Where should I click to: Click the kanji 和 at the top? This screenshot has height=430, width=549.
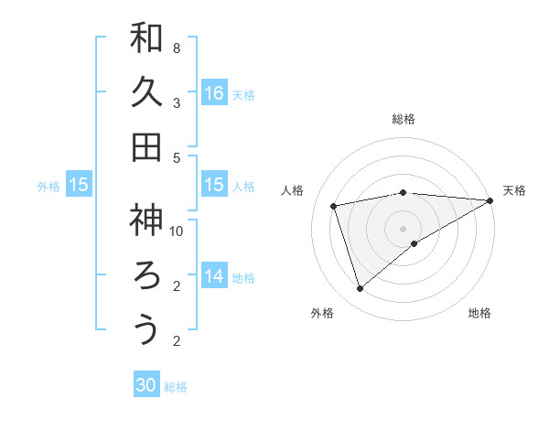[146, 38]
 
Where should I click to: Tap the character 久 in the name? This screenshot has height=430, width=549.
[146, 92]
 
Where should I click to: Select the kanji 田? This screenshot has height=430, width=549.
[146, 147]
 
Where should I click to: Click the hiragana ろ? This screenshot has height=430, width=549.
[146, 274]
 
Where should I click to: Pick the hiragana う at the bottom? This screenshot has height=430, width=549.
[146, 329]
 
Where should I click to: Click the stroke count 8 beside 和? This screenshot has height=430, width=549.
[177, 48]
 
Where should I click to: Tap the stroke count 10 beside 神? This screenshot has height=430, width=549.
[177, 231]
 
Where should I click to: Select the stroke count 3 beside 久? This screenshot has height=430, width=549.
[177, 102]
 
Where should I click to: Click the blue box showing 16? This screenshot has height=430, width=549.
[214, 93]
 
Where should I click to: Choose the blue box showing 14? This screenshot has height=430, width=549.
[214, 276]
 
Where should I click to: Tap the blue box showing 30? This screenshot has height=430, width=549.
[146, 385]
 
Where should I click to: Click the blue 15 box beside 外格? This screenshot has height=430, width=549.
[79, 185]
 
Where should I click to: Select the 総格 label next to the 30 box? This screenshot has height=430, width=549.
[176, 387]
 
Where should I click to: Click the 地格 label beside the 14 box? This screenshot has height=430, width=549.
[243, 277]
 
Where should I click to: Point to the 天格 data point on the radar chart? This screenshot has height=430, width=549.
[490, 200]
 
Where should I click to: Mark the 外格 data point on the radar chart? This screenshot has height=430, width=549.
[360, 289]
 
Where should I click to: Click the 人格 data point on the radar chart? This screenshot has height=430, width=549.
[334, 206]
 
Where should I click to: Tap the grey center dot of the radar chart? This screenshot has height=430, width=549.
[403, 227]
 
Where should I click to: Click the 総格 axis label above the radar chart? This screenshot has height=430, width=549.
[403, 119]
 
